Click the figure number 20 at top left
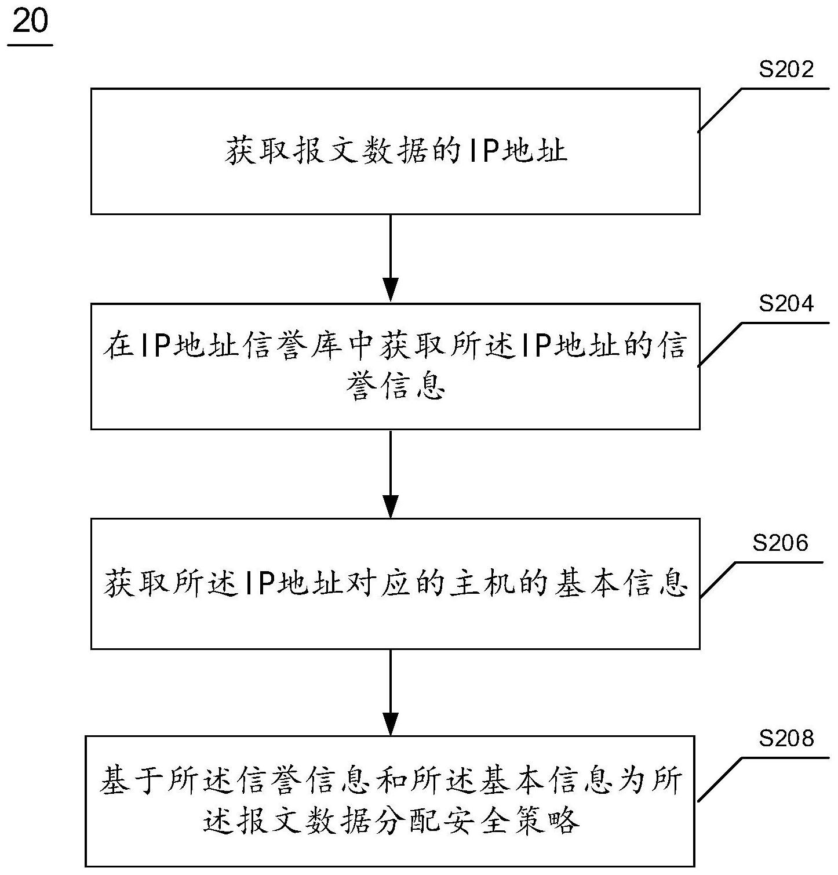click(x=30, y=23)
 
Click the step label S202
click(x=786, y=70)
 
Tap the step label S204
click(x=786, y=304)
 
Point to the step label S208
click(x=786, y=739)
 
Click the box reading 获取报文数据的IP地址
click(x=395, y=151)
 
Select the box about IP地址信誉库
click(x=395, y=366)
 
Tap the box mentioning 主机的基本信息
click(x=395, y=583)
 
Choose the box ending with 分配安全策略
click(x=390, y=801)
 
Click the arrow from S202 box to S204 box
click(x=391, y=259)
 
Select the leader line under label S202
click(x=722, y=110)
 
